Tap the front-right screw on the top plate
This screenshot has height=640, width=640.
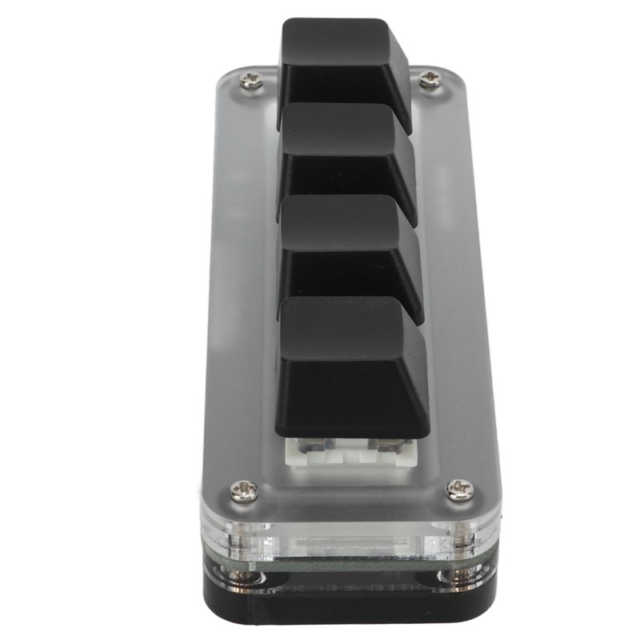pos(459,489)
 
